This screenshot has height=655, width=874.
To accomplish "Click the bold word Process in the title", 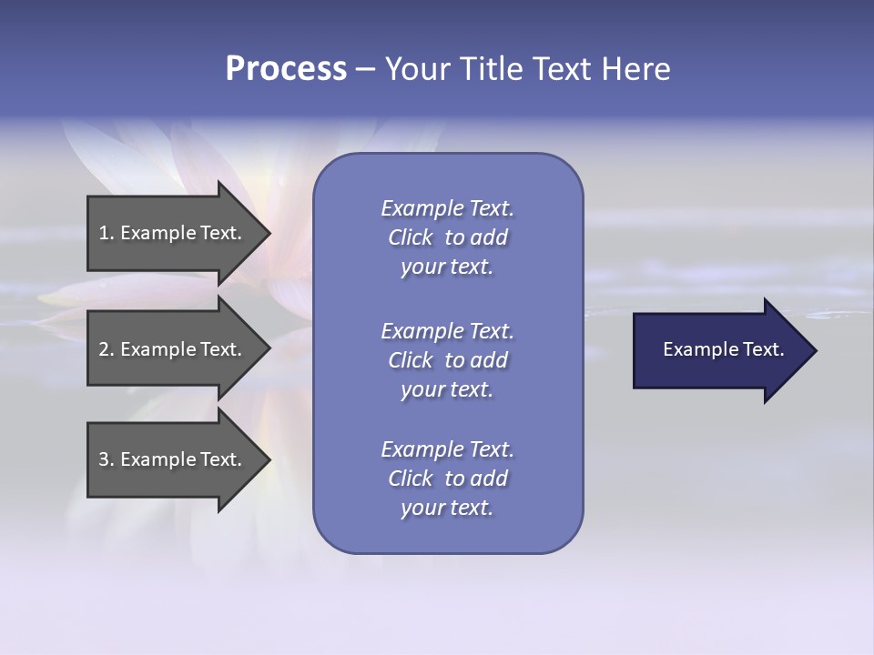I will tap(286, 69).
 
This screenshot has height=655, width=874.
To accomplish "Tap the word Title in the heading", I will tap(490, 69).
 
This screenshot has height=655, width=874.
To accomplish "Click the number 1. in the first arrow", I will tap(107, 233).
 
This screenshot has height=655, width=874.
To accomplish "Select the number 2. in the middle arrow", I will tap(107, 349).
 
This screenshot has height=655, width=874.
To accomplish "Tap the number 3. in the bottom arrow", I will tap(107, 459).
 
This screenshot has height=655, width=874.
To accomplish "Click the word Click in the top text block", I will tap(411, 237).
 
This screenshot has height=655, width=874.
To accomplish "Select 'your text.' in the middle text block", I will tap(447, 389).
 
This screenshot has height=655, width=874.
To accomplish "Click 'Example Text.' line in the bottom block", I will tap(447, 449).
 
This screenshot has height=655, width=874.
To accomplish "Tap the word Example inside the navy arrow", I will tap(695, 349).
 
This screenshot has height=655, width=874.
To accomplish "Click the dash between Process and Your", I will tap(366, 69).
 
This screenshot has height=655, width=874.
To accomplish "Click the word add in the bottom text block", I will tap(490, 479).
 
